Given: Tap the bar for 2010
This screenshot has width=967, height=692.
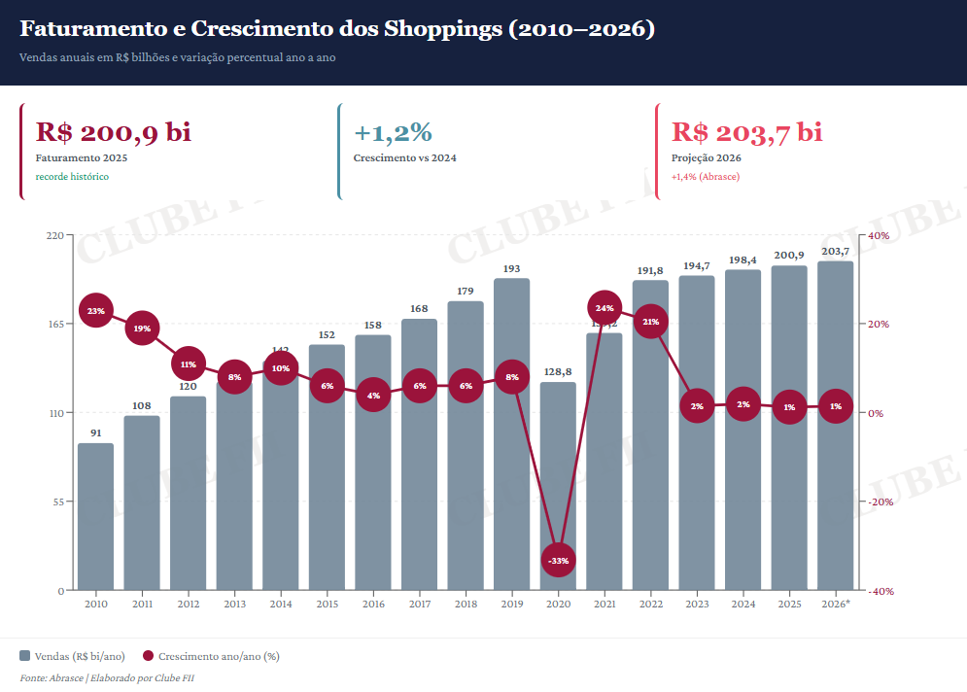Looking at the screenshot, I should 95,516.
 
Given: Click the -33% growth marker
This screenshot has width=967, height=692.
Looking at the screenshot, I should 558,561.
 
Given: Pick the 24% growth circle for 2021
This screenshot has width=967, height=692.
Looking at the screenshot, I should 604,308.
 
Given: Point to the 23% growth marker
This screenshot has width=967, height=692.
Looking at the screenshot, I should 95,311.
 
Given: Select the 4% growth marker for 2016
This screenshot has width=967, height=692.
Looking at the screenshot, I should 373,396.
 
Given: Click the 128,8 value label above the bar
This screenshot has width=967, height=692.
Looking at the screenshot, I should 558,371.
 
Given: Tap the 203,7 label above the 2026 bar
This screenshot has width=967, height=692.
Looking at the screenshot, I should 835,252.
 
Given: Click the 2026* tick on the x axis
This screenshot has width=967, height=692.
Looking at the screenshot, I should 835,605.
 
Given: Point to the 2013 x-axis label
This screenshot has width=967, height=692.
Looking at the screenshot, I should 234,605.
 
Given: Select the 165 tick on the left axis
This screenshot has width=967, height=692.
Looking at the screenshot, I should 55,324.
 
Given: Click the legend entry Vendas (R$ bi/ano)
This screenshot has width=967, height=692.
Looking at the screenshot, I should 72,656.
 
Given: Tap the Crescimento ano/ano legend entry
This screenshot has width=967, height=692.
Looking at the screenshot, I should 211,656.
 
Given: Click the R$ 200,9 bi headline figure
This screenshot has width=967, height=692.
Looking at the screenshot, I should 114,133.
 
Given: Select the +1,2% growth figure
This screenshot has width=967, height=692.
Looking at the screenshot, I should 393,133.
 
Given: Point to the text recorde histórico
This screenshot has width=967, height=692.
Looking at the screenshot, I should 72,177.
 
